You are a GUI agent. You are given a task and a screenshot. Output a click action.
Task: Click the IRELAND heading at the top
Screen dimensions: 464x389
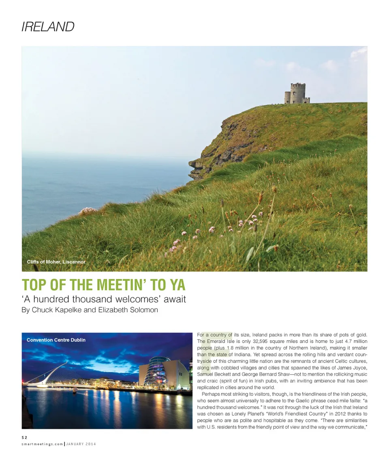click(48, 27)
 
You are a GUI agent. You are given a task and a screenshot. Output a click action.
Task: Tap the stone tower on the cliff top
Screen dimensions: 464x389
click(297, 93)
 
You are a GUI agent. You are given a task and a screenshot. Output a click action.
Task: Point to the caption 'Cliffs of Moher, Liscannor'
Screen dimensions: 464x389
click(56, 262)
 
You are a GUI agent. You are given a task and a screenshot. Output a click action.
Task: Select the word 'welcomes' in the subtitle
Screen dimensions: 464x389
click(139, 300)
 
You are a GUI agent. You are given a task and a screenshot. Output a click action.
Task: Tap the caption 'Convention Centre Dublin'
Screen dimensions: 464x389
click(56, 340)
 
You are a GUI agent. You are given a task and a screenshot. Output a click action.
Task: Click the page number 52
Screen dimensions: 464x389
click(25, 437)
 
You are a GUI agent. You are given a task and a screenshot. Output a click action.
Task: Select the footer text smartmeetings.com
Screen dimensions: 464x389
click(42, 444)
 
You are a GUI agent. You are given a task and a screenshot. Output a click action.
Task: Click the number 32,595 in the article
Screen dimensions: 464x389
click(261, 341)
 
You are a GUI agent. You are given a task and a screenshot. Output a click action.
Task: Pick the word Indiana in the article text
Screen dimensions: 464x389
click(243, 354)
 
